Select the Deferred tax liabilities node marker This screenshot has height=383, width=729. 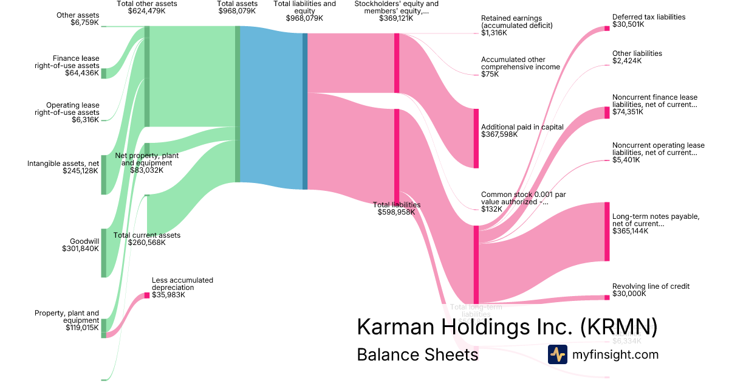[607, 28]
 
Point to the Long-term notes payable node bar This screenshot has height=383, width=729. [607, 232]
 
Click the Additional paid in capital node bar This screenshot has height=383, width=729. [476, 138]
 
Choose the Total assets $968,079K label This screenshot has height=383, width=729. [237, 7]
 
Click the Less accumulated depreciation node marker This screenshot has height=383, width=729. [146, 295]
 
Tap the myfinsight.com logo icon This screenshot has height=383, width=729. [557, 354]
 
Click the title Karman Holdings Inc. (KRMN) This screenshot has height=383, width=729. [507, 326]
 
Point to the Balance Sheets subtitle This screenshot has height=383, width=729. [417, 354]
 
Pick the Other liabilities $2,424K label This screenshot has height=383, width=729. [637, 57]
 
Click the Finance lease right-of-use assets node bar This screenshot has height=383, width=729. [104, 74]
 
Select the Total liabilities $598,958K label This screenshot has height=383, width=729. [396, 209]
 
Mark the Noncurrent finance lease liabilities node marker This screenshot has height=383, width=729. [607, 112]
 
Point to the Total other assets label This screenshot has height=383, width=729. [146, 7]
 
